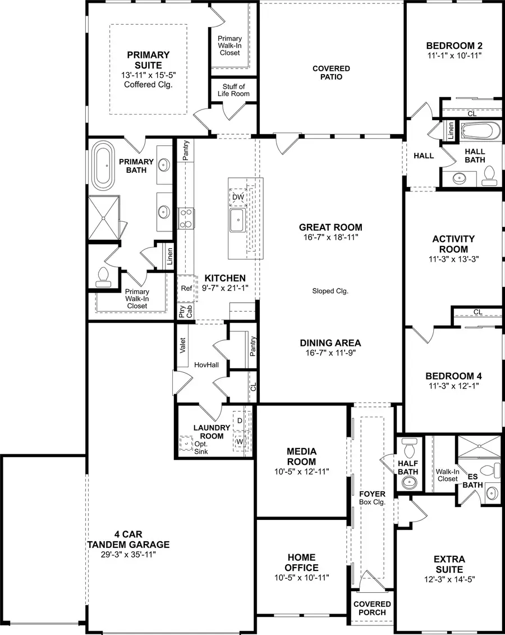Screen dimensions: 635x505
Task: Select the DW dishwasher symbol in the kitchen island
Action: pos(238,197)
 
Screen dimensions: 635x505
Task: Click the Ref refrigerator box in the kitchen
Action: pos(187,288)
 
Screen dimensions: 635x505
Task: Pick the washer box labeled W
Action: pos(240,442)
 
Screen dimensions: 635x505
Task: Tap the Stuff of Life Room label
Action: pos(233,90)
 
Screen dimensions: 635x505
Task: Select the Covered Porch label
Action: pos(372,608)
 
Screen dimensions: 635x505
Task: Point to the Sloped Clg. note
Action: pos(330,291)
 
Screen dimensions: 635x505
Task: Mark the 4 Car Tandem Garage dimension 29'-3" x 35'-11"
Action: pos(128,554)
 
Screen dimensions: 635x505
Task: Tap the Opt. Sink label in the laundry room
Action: pos(201,447)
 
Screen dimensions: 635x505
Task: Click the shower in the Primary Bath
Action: pos(104,218)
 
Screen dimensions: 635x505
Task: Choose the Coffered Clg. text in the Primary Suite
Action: pos(148,84)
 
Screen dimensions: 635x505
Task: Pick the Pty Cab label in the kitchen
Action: pos(182,313)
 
